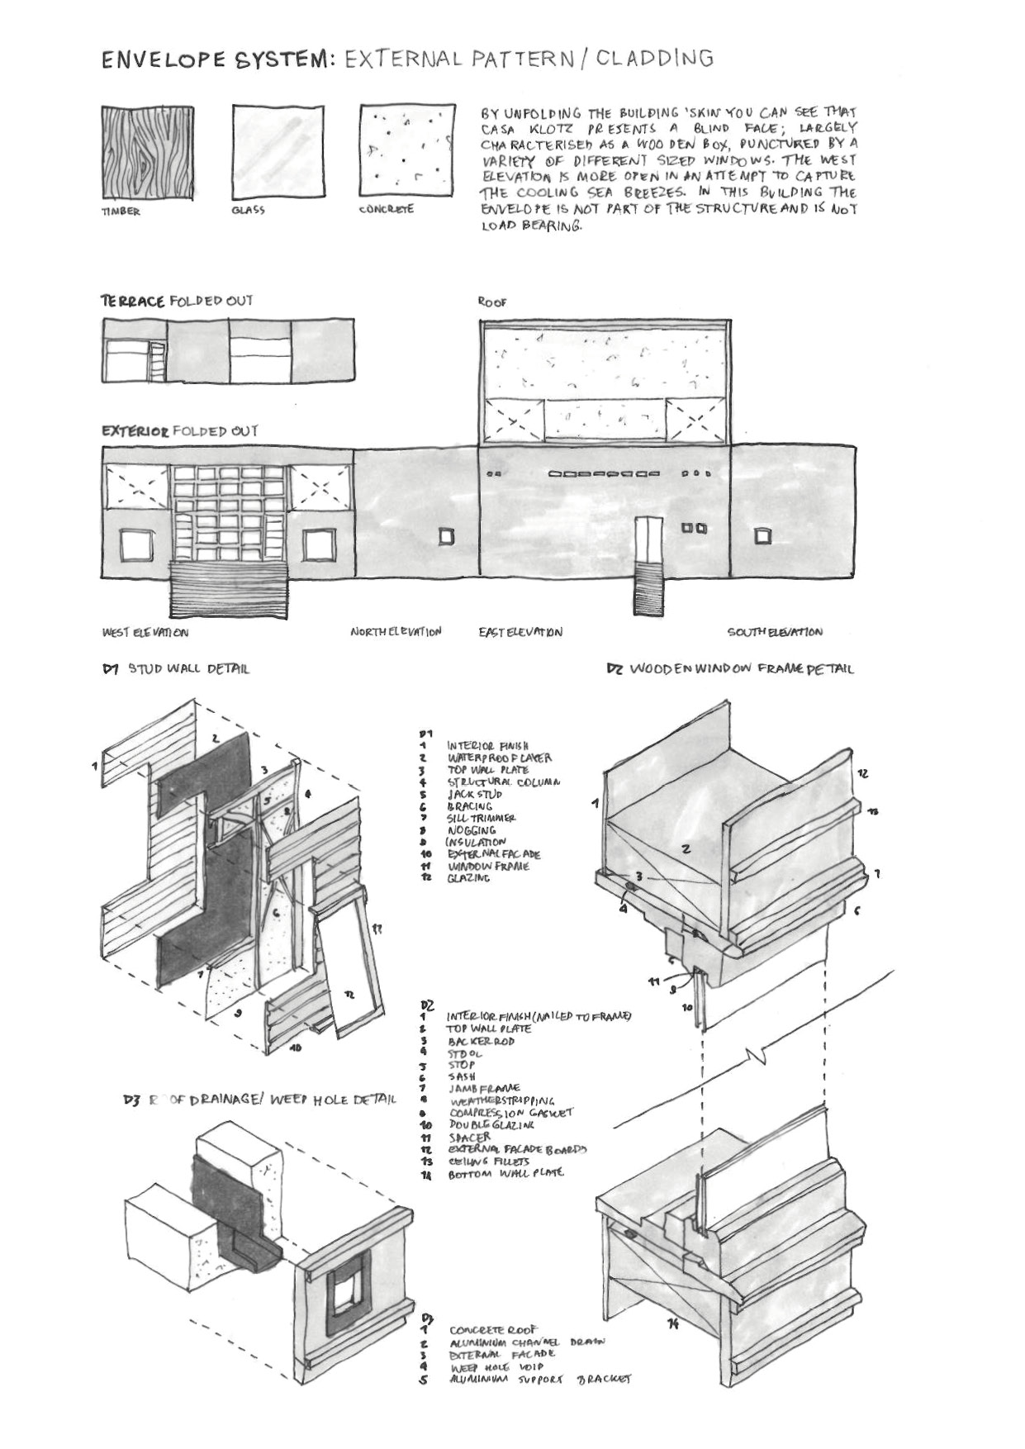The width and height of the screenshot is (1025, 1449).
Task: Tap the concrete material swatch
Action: point(407,150)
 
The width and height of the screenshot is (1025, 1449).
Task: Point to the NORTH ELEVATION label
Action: point(396,632)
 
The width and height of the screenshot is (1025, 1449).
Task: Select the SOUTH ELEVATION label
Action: point(774,632)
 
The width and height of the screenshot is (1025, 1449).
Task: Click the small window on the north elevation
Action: point(446,537)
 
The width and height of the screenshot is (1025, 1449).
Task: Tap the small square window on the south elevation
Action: point(762,537)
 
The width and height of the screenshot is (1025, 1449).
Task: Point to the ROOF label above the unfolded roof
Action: point(492,303)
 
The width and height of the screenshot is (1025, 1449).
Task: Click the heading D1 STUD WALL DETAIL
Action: point(176,668)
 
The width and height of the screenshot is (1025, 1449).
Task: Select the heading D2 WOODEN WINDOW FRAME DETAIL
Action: point(730,668)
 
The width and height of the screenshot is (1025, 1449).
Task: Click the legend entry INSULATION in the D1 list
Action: point(475,842)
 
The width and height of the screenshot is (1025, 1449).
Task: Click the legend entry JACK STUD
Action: point(474,794)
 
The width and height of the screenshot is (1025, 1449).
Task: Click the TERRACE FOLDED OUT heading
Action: point(176,301)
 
